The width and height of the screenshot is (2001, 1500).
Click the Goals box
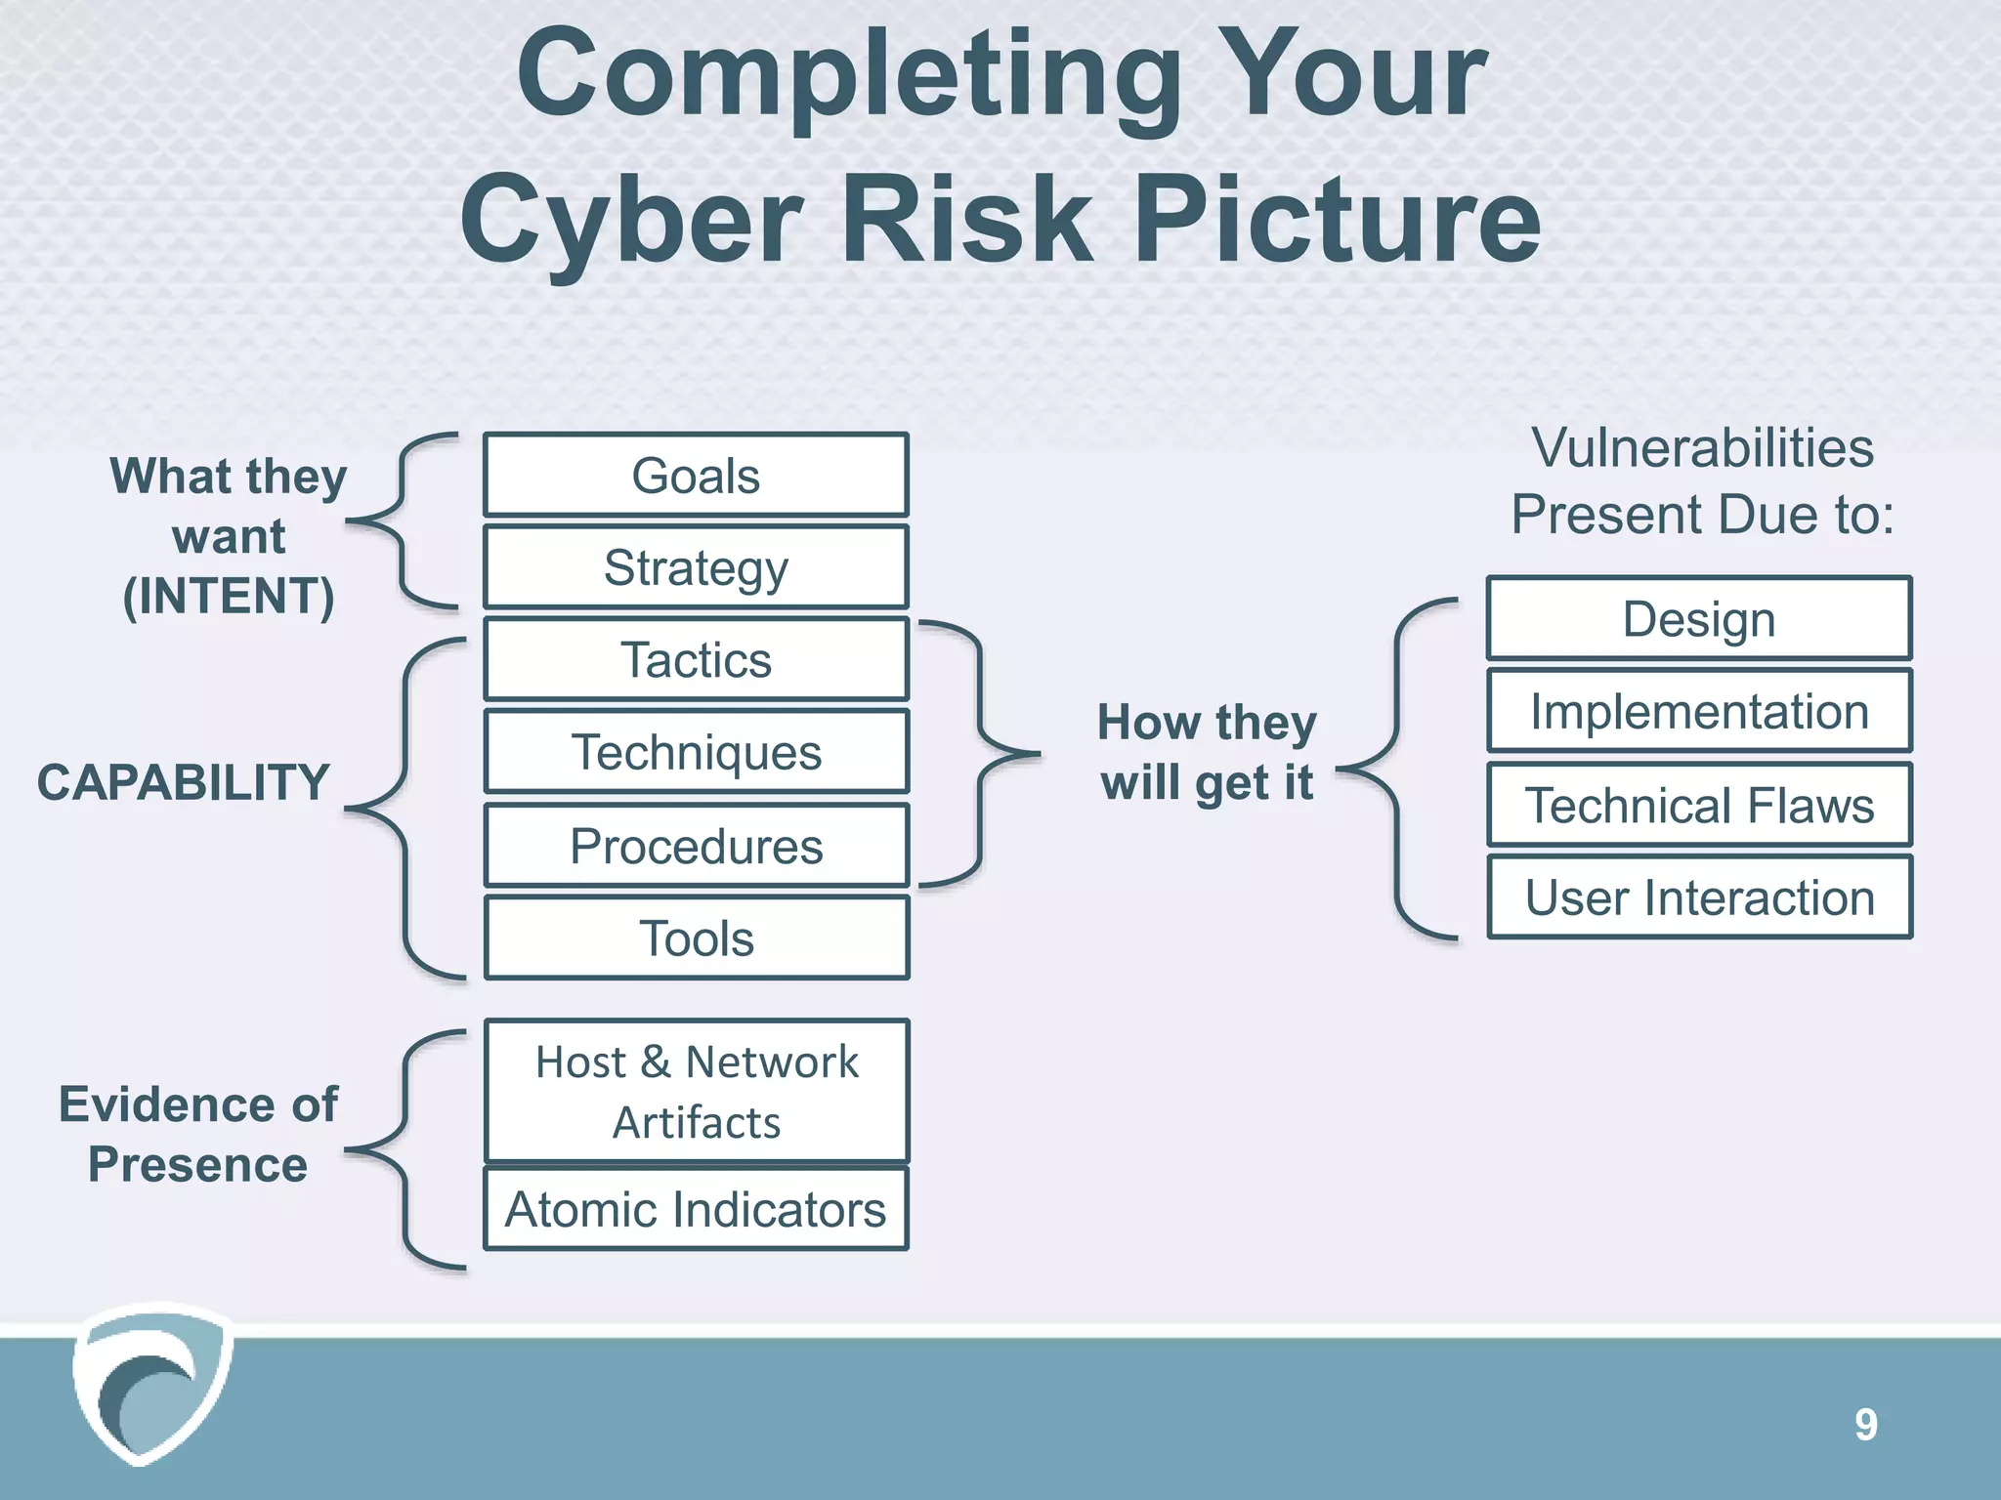tap(696, 476)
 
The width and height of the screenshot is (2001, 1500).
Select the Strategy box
tap(696, 567)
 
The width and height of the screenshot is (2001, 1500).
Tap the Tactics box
tap(696, 659)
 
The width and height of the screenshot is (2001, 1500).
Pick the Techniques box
tap(696, 752)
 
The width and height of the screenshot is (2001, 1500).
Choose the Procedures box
tap(696, 846)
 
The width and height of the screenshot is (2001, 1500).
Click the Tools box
tap(696, 938)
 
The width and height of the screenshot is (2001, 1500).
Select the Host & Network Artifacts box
tap(696, 1092)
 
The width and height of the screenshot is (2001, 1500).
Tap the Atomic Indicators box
tap(696, 1209)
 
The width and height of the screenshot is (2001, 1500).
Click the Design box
tap(1699, 619)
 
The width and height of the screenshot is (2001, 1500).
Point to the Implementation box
tap(1699, 711)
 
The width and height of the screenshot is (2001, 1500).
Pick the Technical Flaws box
tap(1699, 806)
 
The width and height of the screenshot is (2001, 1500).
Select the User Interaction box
tap(1699, 897)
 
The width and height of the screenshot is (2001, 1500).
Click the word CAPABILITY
tap(184, 782)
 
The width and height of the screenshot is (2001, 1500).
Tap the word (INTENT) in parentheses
tap(229, 597)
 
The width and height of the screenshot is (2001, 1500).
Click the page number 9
tap(1865, 1425)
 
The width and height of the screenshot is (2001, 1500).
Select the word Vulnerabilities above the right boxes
tap(1702, 448)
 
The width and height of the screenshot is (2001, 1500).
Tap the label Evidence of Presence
tap(198, 1135)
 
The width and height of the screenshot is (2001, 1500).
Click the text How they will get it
tap(1207, 752)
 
